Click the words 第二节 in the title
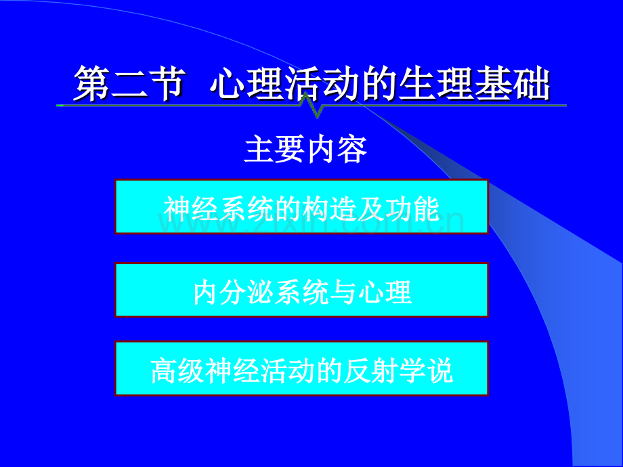pos(129,83)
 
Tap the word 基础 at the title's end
pos(512,83)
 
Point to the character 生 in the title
pos(418,83)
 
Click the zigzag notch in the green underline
pos(311,106)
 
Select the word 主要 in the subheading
pos(275,150)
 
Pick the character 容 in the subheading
pos(352,150)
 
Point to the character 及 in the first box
pos(371,209)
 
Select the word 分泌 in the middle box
pos(246,292)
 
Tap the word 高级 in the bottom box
pos(178,371)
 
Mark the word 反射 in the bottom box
pos(371,371)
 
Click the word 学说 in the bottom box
pos(426,371)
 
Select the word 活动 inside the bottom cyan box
pos(288,371)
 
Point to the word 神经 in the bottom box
pos(233,371)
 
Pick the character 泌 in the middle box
pos(260,292)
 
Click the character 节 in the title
pos(168,83)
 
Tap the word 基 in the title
pos(493,83)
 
